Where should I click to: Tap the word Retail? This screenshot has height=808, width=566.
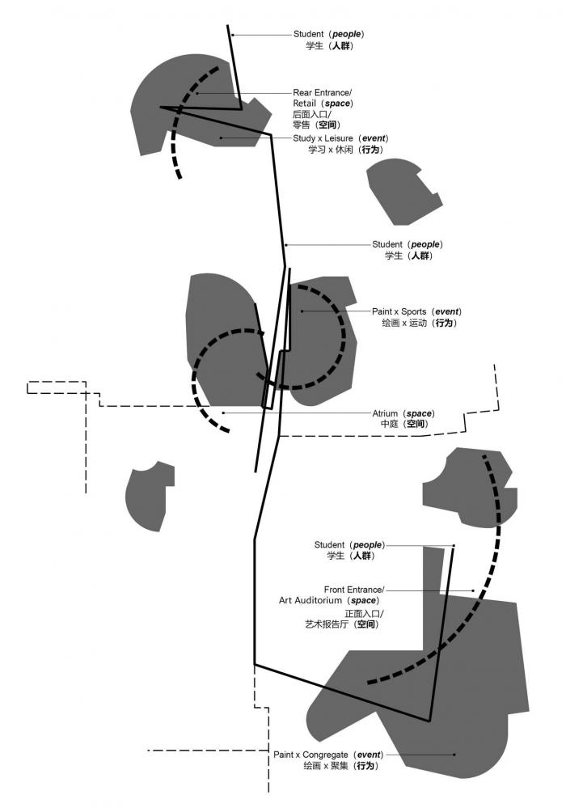click(305, 104)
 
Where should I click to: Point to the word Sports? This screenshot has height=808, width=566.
click(410, 311)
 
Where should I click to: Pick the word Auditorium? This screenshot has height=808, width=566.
click(317, 601)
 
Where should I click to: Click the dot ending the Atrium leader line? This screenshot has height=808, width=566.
click(224, 412)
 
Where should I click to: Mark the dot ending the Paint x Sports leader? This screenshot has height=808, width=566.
click(302, 311)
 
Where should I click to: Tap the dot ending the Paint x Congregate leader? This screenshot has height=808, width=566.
click(454, 755)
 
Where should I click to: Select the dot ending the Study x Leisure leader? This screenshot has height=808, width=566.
click(221, 138)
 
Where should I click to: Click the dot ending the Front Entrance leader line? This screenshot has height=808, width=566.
click(473, 590)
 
